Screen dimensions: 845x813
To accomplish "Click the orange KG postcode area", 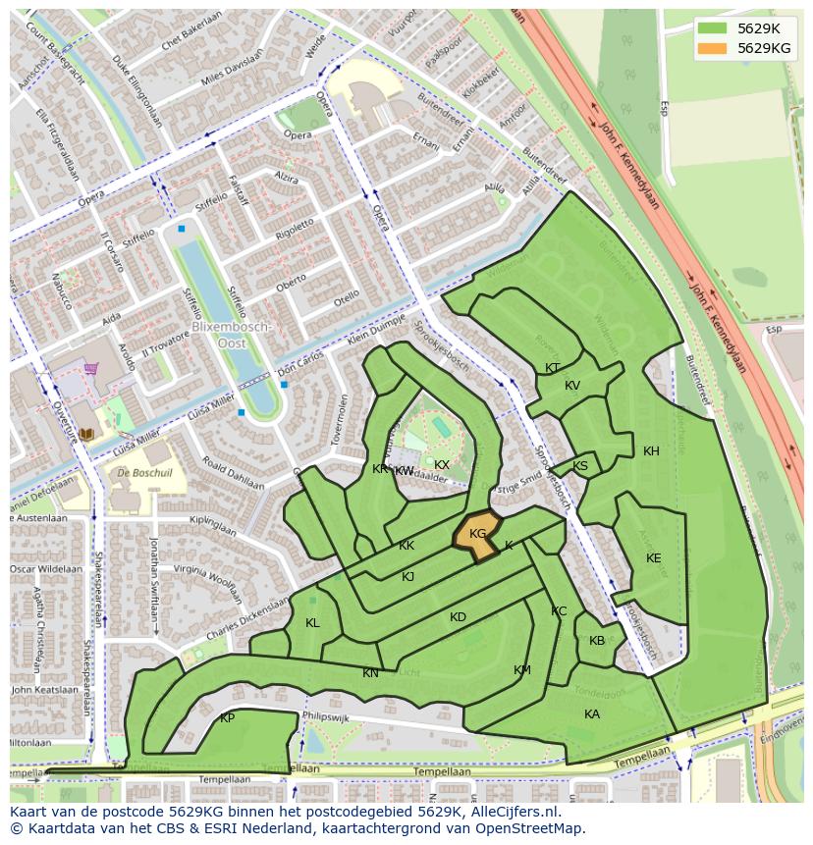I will pos(476,534).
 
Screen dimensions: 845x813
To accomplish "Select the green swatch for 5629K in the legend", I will pos(715,28).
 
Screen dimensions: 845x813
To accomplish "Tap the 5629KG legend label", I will pos(764,48).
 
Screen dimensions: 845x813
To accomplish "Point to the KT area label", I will pos(553,368).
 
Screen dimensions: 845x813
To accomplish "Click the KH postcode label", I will pos(651,451).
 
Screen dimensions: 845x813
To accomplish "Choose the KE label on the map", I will pos(653,558).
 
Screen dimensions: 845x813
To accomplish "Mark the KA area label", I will pos(592,714).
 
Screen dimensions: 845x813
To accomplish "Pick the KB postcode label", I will pos(597,641).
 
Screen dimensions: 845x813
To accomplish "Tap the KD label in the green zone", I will pos(458,617).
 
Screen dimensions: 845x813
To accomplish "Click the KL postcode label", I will pos(312,623).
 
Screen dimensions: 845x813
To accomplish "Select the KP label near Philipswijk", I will pos(227,718).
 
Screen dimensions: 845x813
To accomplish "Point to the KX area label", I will pos(442,465).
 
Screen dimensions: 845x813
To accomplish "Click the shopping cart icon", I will pos(91,369).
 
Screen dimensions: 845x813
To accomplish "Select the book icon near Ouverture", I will pos(86,433).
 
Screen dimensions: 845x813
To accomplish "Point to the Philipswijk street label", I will pos(327,717).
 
